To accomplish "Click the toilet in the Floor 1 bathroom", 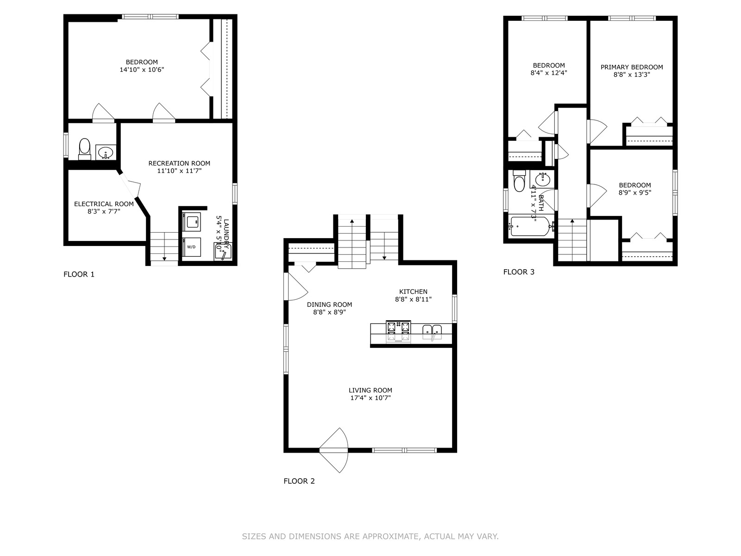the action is [x=84, y=149].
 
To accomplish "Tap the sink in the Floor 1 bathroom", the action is [x=106, y=152].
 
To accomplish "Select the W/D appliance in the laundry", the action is [x=191, y=247].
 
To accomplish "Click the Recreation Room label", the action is [x=179, y=164].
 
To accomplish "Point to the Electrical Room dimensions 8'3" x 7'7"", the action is [x=104, y=212].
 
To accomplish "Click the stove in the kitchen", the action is [x=398, y=331].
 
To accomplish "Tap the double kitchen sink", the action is [x=432, y=332].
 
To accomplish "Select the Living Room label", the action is [x=370, y=390].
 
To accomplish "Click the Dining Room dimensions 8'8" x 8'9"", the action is [x=329, y=312].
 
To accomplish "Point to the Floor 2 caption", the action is [x=299, y=481].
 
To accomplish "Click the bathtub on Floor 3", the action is [x=530, y=226].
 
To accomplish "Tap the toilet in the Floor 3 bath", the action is [x=519, y=181].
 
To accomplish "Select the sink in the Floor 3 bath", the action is [x=542, y=179].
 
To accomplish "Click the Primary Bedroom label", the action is [x=632, y=67].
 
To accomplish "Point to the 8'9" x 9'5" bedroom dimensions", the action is [x=635, y=193].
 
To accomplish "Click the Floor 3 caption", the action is [x=519, y=272].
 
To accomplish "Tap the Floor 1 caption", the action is [x=79, y=274].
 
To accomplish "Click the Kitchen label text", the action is [x=413, y=292].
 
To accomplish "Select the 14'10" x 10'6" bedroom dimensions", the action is [x=142, y=70].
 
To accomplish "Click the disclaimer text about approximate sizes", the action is [x=370, y=537].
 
